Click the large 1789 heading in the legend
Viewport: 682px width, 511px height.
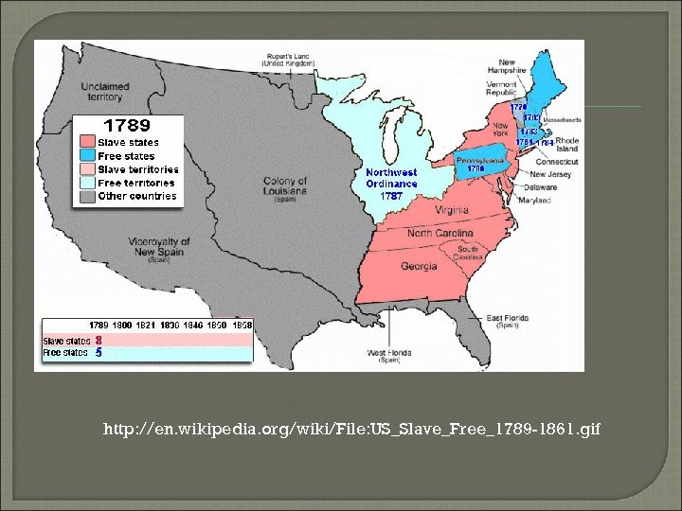126,125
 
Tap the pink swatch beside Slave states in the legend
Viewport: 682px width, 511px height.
87,142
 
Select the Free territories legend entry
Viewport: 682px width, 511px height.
136,183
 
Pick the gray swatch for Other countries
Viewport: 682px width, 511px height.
87,197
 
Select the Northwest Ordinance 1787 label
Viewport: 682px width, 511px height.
391,184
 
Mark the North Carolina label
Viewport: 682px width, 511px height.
444,233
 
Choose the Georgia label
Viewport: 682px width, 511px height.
419,266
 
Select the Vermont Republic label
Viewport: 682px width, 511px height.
501,87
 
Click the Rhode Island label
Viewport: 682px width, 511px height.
566,144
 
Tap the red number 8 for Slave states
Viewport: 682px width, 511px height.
98,341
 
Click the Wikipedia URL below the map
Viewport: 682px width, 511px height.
351,431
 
